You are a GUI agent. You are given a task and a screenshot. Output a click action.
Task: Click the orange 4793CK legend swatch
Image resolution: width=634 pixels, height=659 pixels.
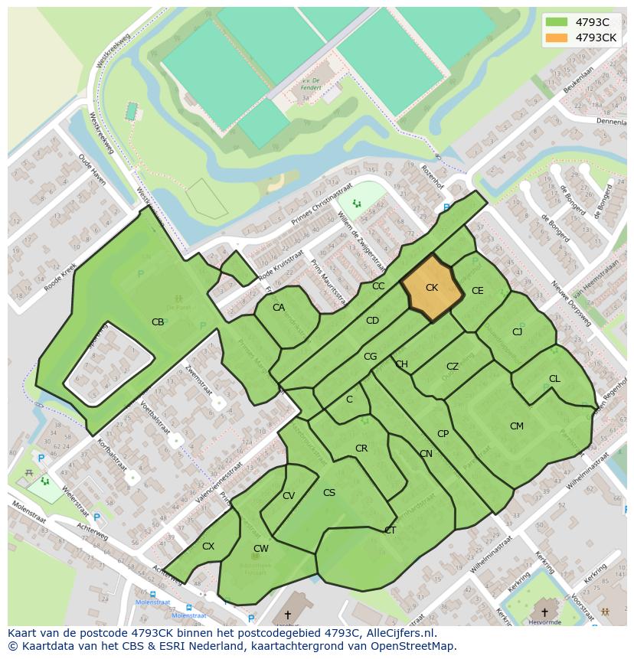(x=557, y=38)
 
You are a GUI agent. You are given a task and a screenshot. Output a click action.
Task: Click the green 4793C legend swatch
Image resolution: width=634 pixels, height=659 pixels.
(x=557, y=22)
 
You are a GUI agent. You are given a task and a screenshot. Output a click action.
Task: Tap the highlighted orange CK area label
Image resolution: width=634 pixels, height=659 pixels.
(x=432, y=288)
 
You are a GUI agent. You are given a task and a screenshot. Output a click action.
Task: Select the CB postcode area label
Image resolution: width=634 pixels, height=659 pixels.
(x=158, y=322)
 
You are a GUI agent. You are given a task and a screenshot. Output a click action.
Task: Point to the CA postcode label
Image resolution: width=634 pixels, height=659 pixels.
(x=279, y=308)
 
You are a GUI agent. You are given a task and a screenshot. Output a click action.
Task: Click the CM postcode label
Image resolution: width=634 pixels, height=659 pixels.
(x=517, y=426)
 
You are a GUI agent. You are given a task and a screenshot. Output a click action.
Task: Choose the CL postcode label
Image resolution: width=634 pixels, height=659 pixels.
(x=554, y=379)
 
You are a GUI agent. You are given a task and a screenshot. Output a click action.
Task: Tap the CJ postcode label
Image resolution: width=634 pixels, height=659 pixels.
(x=518, y=331)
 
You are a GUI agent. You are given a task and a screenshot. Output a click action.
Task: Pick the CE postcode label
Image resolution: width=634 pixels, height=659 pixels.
(x=478, y=291)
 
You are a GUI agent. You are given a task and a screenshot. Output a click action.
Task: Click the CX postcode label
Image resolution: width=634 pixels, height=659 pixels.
(x=208, y=546)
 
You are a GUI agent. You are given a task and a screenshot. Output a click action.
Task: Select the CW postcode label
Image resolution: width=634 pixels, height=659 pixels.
(x=261, y=549)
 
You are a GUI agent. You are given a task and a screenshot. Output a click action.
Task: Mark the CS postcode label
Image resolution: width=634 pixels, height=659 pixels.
(x=329, y=493)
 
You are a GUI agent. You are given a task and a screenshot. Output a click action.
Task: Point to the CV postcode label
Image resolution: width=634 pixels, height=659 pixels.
(x=289, y=496)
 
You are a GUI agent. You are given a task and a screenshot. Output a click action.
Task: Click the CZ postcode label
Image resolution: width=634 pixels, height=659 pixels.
(x=453, y=367)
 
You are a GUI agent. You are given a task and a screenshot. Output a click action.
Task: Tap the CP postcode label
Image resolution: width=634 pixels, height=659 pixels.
(x=443, y=434)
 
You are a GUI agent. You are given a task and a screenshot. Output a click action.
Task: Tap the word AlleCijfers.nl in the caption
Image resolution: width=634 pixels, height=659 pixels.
(x=397, y=633)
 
